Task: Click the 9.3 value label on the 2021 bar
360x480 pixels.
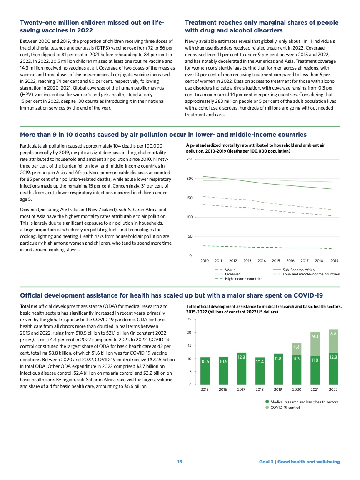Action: tap(315, 336)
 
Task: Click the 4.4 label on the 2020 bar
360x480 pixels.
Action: tap(297, 347)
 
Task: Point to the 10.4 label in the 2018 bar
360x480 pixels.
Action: tap(260, 362)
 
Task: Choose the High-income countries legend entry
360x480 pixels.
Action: tap(244, 278)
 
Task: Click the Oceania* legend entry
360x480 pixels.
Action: tap(232, 274)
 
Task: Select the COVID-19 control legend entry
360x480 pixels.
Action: tap(285, 407)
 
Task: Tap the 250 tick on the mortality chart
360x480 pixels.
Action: tap(190, 160)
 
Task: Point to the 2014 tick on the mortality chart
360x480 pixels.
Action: tap(262, 261)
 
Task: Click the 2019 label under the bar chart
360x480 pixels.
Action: tap(278, 390)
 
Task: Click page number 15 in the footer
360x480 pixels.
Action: tap(180, 462)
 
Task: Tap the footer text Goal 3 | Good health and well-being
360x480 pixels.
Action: tap(299, 462)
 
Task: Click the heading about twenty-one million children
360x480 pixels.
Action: tap(92, 26)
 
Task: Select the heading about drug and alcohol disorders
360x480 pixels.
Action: tap(262, 26)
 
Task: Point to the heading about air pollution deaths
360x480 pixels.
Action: tap(163, 135)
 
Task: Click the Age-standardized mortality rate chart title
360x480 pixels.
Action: tap(255, 148)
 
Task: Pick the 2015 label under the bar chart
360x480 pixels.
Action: tap(205, 390)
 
